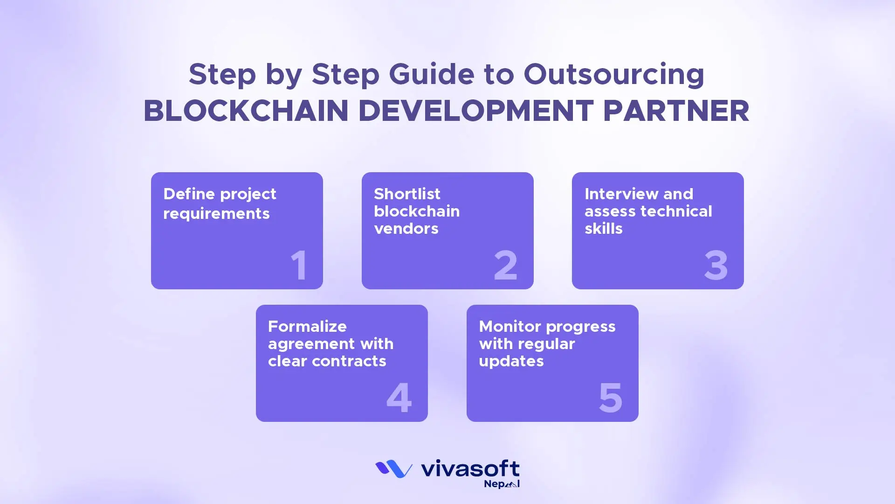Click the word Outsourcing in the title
point(613,75)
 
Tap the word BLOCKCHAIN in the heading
point(246,111)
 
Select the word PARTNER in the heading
point(675,111)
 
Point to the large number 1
point(299,265)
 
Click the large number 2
point(505,265)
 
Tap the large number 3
point(716,265)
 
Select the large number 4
point(399,398)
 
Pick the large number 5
point(610,398)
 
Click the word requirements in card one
point(216,214)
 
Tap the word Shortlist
point(407,194)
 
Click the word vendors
point(406,229)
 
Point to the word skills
point(603,229)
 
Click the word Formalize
point(307,326)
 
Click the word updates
point(511,361)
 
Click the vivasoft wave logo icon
point(394,469)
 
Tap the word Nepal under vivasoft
point(501,484)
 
